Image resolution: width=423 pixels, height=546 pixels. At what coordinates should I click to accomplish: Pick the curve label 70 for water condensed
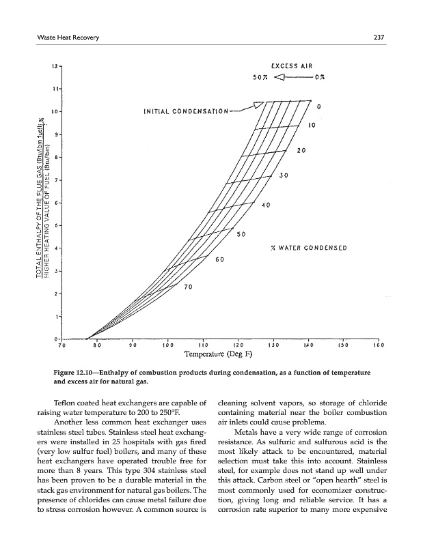tap(189, 287)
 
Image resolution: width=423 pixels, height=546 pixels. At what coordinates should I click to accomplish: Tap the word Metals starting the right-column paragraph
tap(248, 431)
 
